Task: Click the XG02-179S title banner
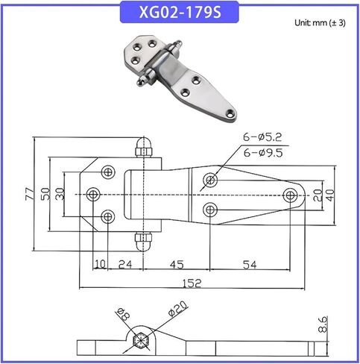tap(180, 12)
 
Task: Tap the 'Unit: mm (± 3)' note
tap(320, 22)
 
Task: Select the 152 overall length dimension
tap(192, 283)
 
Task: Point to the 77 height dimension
tap(29, 194)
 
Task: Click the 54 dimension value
tap(250, 265)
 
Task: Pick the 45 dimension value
tap(177, 265)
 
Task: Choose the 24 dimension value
tap(125, 265)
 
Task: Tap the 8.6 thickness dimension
tap(323, 324)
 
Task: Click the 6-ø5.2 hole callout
tap(262, 137)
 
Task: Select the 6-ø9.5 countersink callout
tap(263, 153)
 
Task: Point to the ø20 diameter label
tap(177, 309)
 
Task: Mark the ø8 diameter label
tap(123, 315)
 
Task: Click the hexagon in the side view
tap(141, 340)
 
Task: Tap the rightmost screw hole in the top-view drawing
tap(290, 195)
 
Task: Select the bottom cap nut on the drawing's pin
tap(143, 242)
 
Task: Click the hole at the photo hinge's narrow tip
tap(230, 113)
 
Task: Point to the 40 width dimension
tap(331, 195)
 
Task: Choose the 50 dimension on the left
tap(45, 194)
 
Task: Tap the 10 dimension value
tap(100, 265)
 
